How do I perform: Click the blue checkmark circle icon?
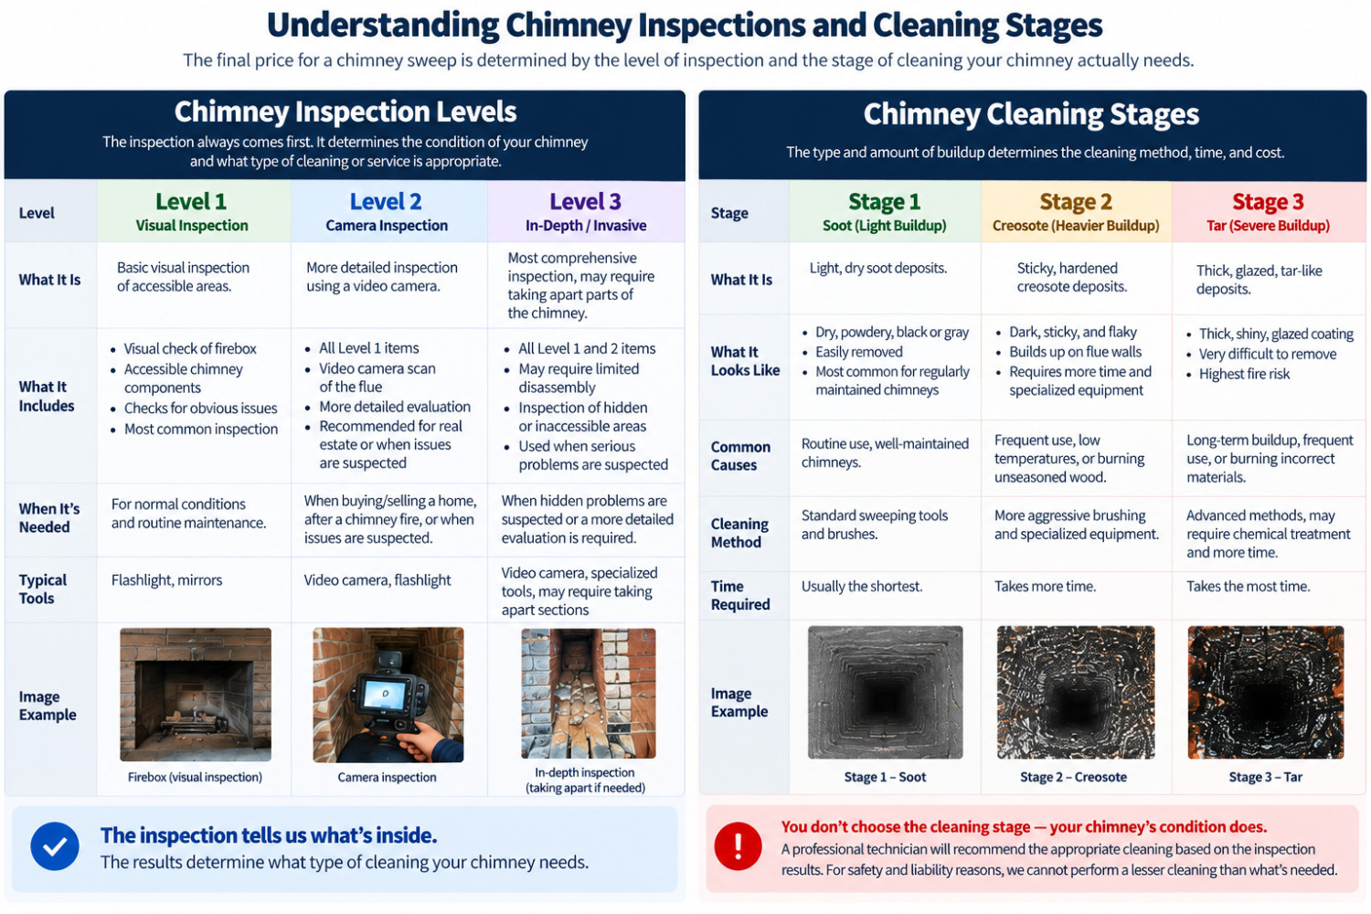[x=55, y=846]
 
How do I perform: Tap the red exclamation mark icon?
[x=739, y=846]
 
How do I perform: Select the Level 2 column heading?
[x=386, y=201]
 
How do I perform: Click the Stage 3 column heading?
[x=1268, y=201]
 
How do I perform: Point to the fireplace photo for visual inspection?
[x=196, y=695]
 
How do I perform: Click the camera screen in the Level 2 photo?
[x=385, y=695]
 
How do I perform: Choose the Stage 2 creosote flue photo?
[x=1076, y=693]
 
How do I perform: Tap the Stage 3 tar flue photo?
[x=1266, y=693]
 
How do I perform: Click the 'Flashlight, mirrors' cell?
[x=166, y=580]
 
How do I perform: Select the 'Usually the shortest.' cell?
[x=861, y=587]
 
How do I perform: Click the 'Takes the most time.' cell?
[x=1248, y=587]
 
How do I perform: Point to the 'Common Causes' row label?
[x=740, y=456]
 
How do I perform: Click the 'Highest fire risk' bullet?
[x=1244, y=374]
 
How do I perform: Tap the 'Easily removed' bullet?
[x=859, y=352]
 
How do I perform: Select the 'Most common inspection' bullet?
[x=201, y=430]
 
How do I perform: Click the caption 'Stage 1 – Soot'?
[x=885, y=777]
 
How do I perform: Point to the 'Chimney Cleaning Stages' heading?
[x=1031, y=114]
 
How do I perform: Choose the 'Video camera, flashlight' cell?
[x=377, y=580]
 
